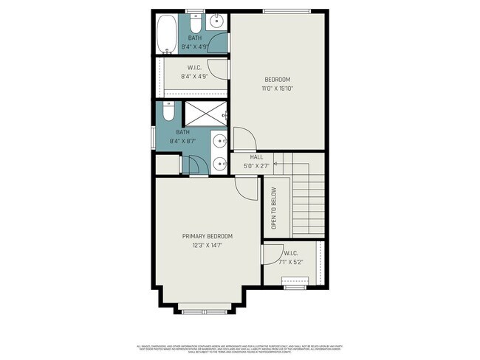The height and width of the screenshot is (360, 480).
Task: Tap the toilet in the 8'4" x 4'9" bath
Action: click(x=195, y=19)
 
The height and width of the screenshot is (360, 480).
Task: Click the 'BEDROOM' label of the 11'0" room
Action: click(x=278, y=80)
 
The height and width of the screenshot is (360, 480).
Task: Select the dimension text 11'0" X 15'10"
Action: click(x=278, y=89)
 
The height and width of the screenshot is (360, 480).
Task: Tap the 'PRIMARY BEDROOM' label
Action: click(x=208, y=236)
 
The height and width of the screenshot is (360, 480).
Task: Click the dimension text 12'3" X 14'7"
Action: click(x=208, y=245)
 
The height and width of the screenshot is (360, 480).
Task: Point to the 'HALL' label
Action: click(x=256, y=157)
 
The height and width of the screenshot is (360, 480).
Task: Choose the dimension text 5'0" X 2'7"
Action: click(x=256, y=166)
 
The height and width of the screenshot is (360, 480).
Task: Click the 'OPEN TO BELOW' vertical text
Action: click(x=273, y=207)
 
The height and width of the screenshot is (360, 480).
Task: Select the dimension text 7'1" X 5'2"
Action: click(x=292, y=261)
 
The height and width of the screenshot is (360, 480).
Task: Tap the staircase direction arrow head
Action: click(x=275, y=164)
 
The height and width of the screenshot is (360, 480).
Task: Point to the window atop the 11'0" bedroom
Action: click(x=286, y=10)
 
